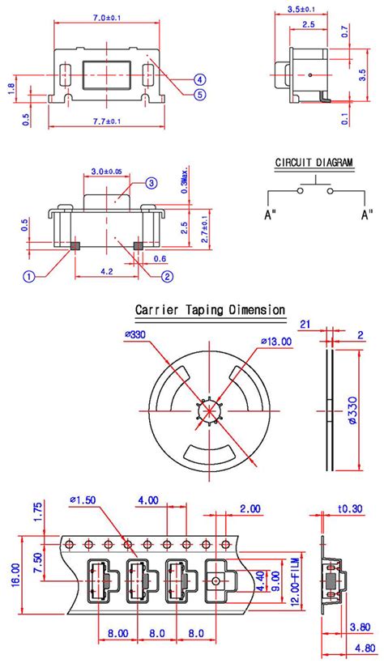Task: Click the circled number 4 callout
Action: point(200,79)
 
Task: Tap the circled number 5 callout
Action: point(200,94)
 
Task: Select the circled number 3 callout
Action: point(151,183)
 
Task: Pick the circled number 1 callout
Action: point(28,277)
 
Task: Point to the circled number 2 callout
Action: point(167,277)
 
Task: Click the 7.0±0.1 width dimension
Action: point(106,18)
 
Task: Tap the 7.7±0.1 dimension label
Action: point(107,121)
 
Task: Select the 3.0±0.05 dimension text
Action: point(107,172)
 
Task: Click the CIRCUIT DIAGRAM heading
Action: point(314,163)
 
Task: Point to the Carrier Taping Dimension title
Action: point(210,310)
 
